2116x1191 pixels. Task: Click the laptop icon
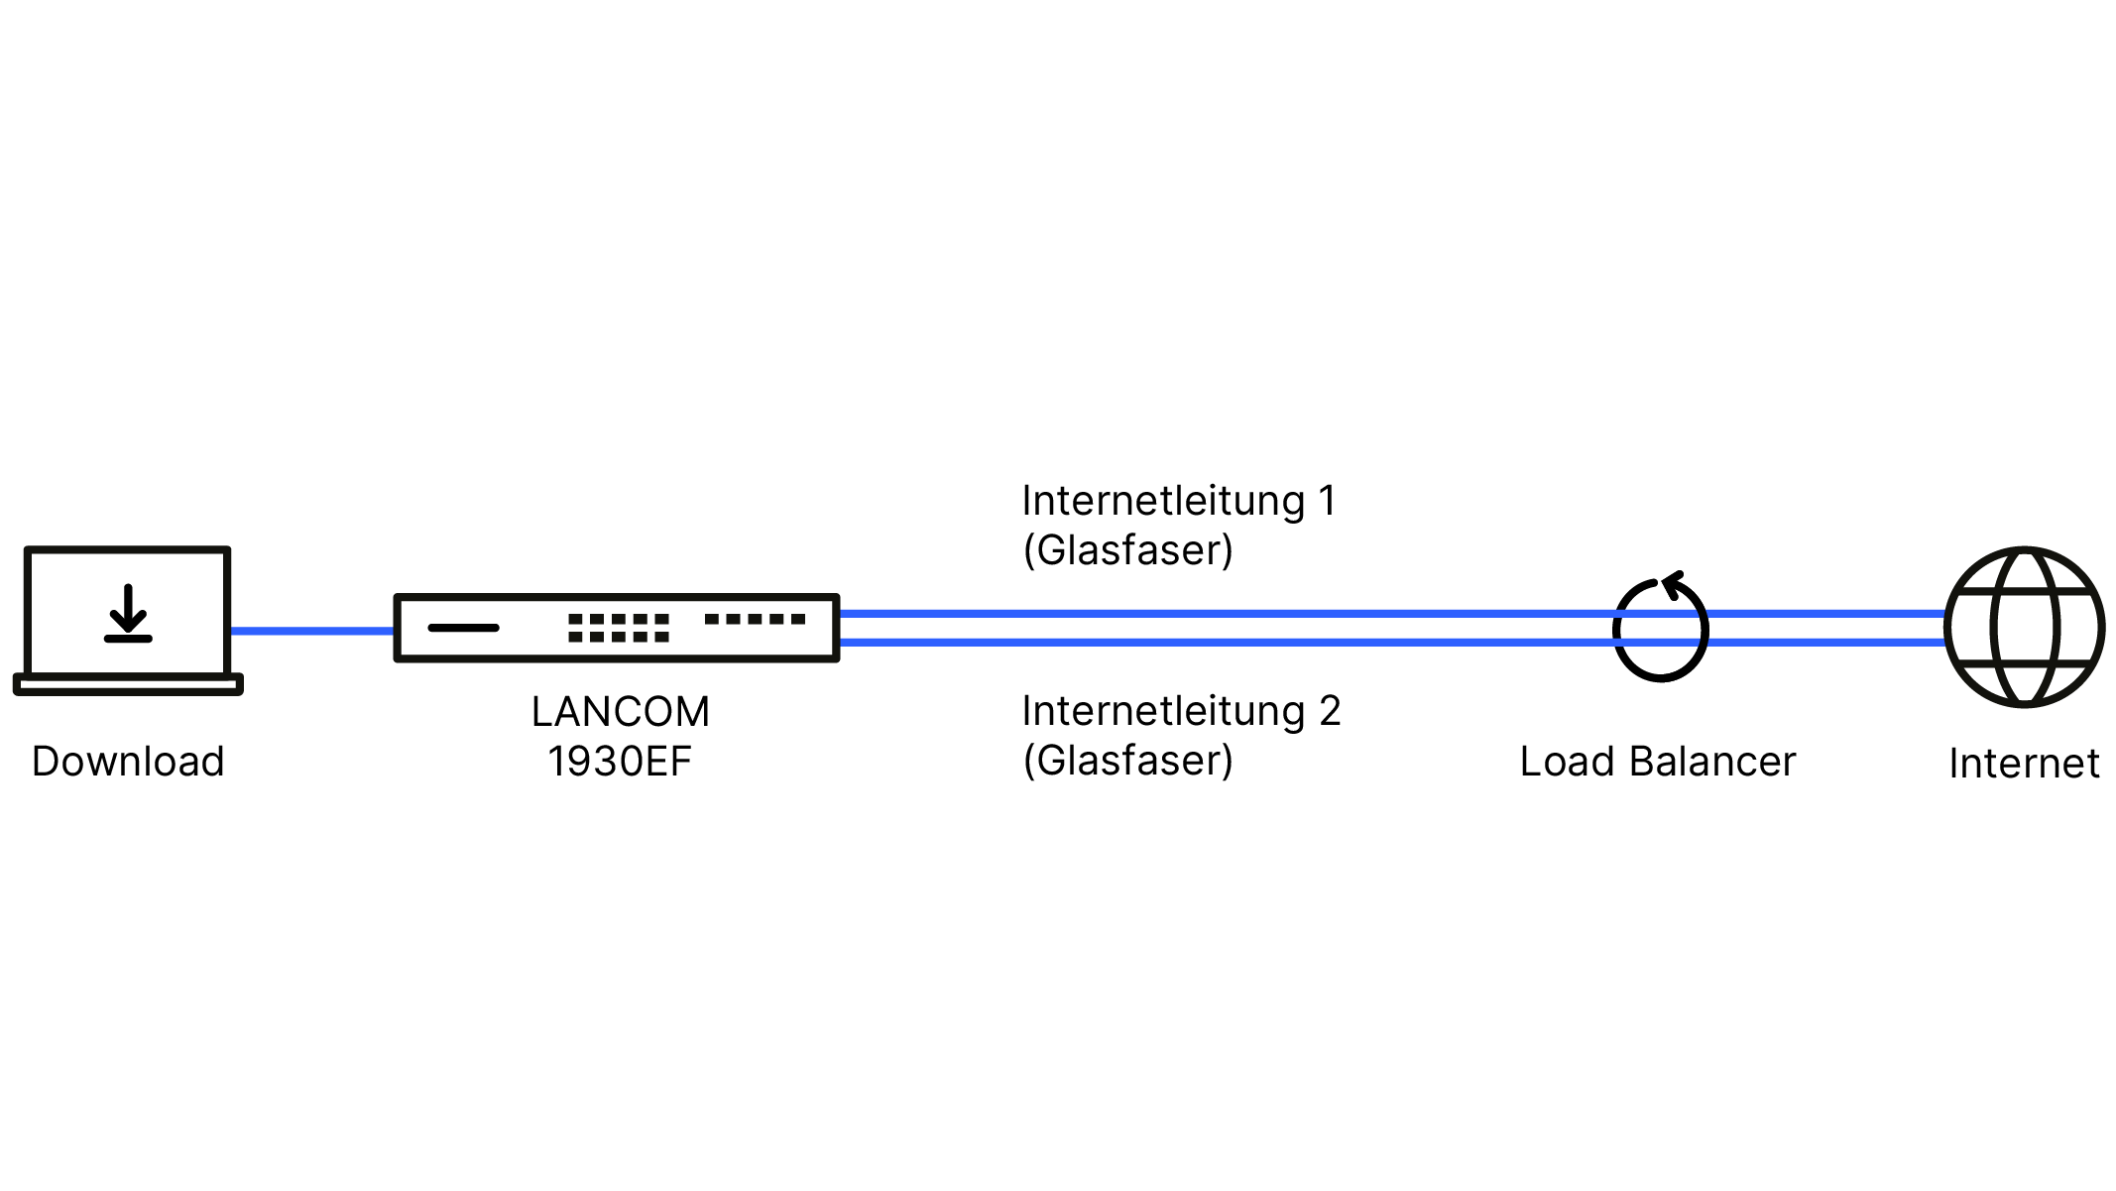coord(128,620)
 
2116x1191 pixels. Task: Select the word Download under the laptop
coord(128,762)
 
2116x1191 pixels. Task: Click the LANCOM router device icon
coord(617,628)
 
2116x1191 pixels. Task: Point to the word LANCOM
coord(621,712)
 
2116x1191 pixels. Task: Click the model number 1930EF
coord(620,762)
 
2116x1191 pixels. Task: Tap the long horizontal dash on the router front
coord(463,628)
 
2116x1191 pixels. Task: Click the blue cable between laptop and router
coord(312,631)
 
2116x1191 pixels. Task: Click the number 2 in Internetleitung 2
coord(1330,711)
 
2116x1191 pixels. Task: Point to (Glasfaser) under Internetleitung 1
coord(1128,550)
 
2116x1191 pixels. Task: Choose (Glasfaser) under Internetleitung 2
coord(1128,761)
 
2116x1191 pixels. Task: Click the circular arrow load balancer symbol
coord(1661,630)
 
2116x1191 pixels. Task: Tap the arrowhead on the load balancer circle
coord(1673,584)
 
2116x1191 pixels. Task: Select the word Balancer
coord(1712,762)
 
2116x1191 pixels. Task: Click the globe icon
coord(2024,627)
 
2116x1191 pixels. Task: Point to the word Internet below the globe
coord(2024,764)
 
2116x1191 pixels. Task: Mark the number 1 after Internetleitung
coord(1327,501)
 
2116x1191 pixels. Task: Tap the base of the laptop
coord(128,684)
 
